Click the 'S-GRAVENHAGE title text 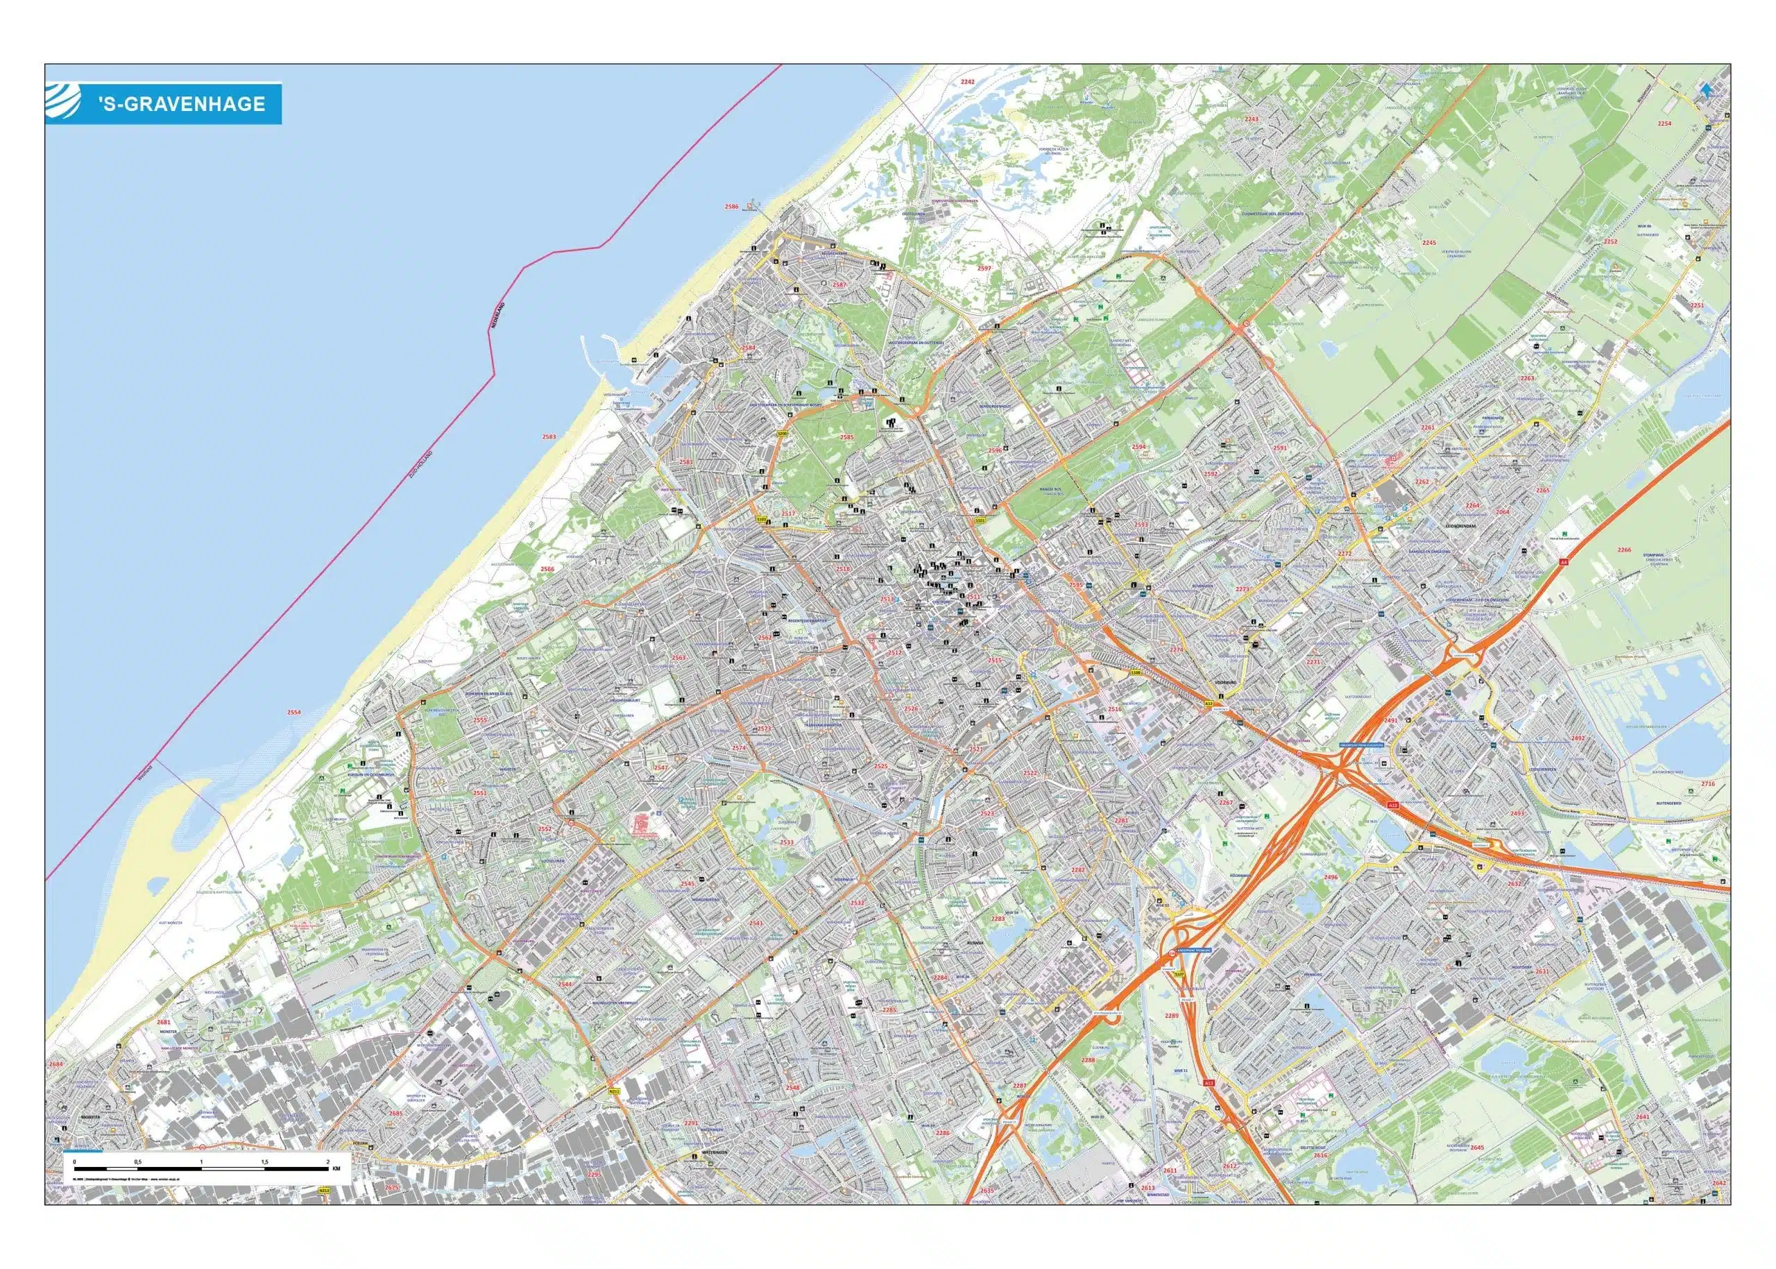pos(181,103)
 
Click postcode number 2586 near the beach pos(731,206)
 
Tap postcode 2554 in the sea pos(293,712)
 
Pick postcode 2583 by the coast pos(549,437)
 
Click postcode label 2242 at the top pos(967,81)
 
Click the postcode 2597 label pos(984,268)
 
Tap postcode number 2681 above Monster pos(163,1022)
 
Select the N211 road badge pos(613,1091)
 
